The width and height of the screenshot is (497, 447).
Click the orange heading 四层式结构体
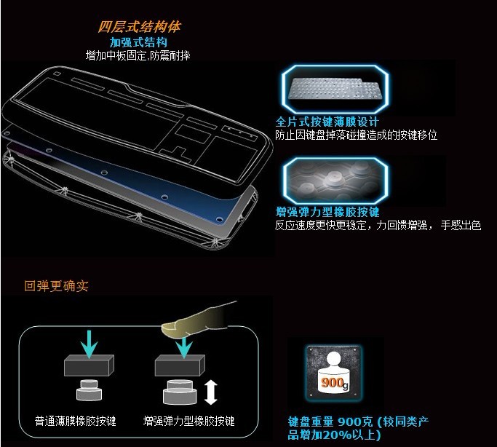click(139, 27)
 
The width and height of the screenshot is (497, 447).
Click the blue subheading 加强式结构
click(138, 42)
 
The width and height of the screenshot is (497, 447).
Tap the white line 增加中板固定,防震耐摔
click(138, 56)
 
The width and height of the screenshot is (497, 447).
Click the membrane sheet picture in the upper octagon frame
click(335, 89)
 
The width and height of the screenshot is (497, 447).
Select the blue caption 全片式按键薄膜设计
click(327, 122)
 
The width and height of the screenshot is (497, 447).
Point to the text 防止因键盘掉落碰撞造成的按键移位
click(357, 135)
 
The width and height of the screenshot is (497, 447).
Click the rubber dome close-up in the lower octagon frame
click(335, 181)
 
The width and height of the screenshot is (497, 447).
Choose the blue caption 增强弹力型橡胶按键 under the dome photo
click(327, 211)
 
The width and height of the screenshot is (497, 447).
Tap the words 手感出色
click(461, 225)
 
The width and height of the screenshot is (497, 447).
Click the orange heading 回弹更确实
click(57, 286)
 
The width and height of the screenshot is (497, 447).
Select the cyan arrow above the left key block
click(90, 344)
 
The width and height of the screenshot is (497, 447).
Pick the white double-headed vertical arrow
click(211, 393)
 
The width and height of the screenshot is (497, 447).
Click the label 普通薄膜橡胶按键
click(76, 421)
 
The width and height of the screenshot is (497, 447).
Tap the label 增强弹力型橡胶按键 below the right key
click(189, 421)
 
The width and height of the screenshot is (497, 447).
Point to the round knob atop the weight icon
click(334, 360)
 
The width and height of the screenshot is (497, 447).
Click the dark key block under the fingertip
click(180, 365)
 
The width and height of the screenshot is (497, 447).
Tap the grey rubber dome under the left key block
click(89, 390)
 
